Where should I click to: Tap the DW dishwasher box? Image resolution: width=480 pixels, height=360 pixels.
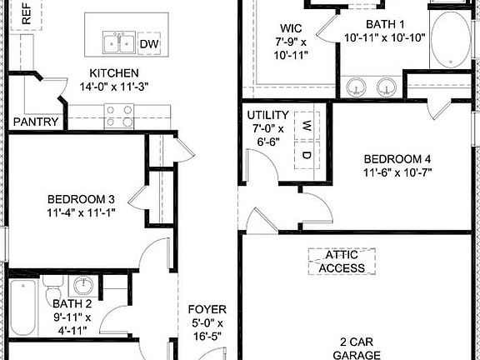click(149, 44)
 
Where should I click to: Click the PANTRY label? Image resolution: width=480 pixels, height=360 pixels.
click(36, 122)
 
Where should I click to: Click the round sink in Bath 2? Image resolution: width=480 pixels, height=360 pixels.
click(82, 286)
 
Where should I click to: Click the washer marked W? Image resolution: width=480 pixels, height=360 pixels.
click(307, 126)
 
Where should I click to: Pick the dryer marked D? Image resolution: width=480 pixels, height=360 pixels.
click(307, 154)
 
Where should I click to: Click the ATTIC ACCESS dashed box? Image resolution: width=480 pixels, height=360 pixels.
click(342, 261)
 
